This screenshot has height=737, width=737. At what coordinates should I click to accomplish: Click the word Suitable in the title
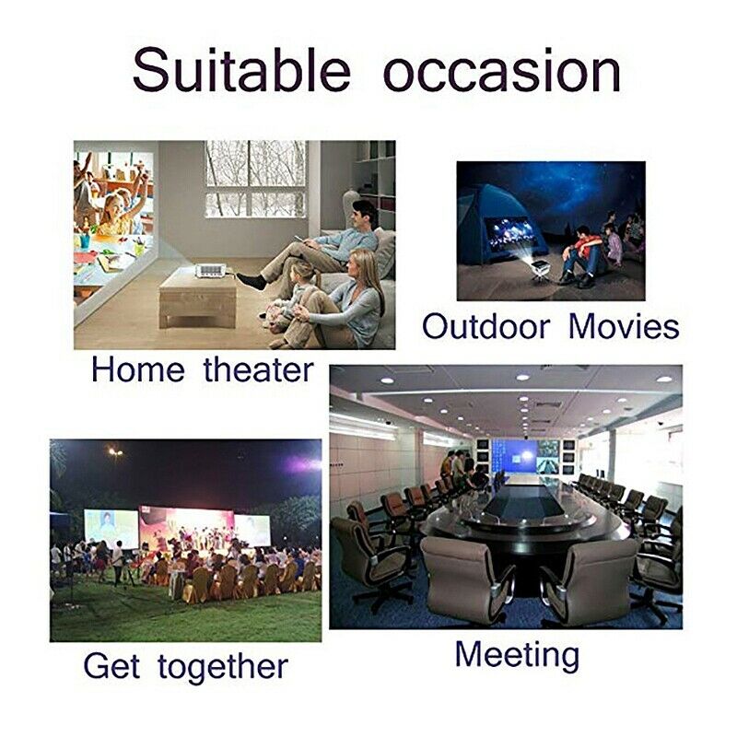[x=241, y=70]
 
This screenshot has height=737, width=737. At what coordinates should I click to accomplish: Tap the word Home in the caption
[x=137, y=369]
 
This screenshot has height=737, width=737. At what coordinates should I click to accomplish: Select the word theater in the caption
[x=259, y=369]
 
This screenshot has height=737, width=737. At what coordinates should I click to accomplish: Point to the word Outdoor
[x=485, y=326]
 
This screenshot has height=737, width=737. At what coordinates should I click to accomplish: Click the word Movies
[x=625, y=326]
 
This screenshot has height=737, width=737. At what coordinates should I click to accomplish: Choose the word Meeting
[x=517, y=655]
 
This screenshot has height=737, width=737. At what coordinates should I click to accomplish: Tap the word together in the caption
[x=223, y=667]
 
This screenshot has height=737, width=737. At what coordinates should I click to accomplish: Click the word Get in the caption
[x=111, y=665]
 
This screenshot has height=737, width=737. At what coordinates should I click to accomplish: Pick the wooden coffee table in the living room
[x=197, y=298]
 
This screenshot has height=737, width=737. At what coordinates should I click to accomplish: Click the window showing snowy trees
[x=255, y=179]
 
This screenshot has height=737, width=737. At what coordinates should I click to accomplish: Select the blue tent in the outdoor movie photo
[x=491, y=235]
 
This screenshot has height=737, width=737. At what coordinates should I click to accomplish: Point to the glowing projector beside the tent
[x=539, y=267]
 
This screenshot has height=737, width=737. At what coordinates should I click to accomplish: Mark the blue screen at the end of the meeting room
[x=514, y=455]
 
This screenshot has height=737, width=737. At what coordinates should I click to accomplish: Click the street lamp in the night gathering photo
[x=115, y=452]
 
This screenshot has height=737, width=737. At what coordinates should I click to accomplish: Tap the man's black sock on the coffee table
[x=251, y=281]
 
